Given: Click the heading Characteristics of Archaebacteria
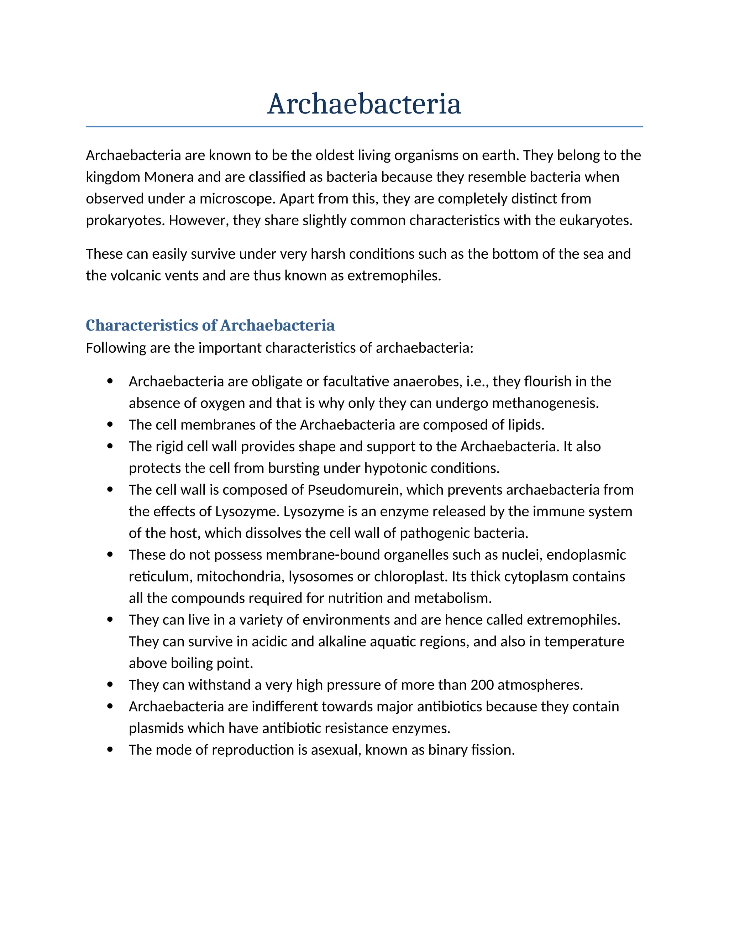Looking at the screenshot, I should [x=210, y=325].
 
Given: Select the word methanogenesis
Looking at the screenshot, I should [x=545, y=403].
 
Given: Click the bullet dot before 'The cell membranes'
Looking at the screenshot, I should [x=110, y=425].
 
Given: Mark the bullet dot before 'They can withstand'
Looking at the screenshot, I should [x=110, y=684].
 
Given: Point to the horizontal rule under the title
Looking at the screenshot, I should [x=364, y=127].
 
